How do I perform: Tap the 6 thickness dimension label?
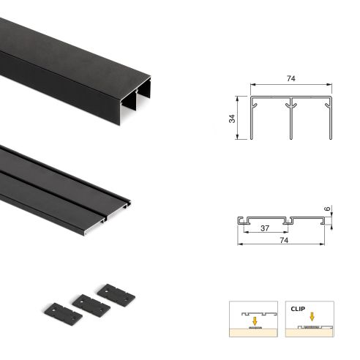coord(329,209)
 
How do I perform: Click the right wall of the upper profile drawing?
coord(331,117)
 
